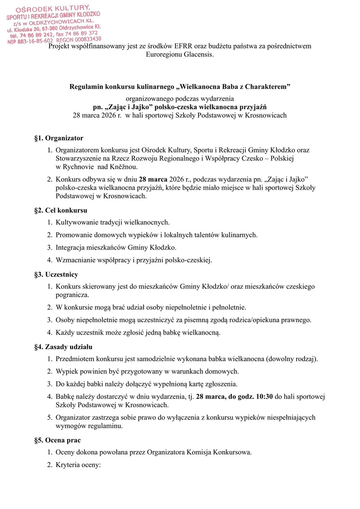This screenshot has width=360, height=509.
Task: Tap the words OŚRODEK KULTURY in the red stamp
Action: (53, 9)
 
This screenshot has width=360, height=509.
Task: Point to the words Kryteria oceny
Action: (79, 464)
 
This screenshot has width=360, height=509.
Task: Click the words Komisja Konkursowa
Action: (223, 451)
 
